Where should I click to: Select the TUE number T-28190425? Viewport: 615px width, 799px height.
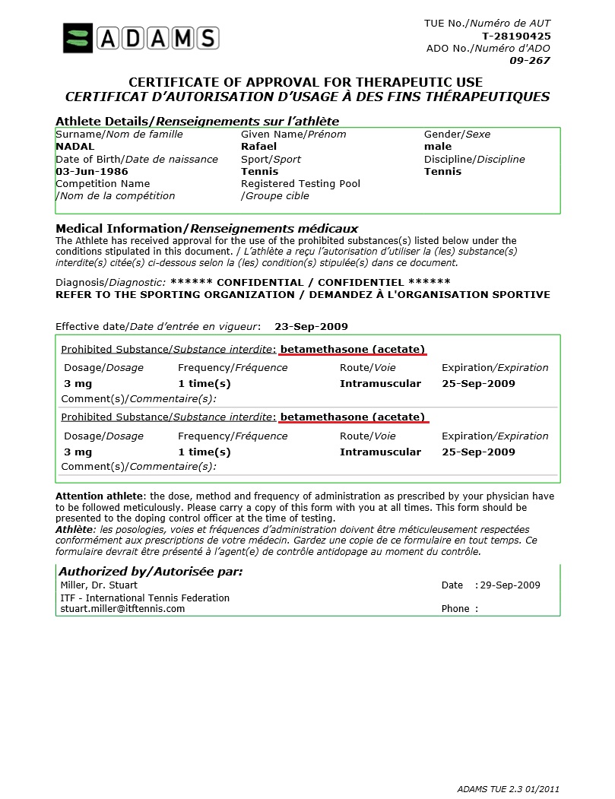coord(516,36)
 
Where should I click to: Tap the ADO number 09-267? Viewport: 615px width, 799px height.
coord(530,60)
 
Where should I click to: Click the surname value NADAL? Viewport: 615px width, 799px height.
coord(75,147)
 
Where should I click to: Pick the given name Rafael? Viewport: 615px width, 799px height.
coord(259,147)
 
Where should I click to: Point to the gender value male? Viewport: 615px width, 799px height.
coord(438,147)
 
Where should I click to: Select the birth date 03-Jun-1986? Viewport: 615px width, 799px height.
coord(92,172)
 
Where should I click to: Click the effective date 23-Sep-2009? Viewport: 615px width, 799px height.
coord(311,327)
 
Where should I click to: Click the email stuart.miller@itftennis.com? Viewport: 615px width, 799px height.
coord(122,609)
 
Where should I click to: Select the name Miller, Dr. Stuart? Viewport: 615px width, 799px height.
coord(99,585)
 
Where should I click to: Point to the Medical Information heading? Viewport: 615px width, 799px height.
coord(207,229)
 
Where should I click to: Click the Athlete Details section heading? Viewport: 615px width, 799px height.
coord(197,122)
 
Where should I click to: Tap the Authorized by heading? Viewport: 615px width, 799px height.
coord(151,572)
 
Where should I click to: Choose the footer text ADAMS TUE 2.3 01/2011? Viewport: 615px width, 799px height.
coord(509,789)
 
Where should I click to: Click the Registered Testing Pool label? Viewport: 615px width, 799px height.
coord(300,184)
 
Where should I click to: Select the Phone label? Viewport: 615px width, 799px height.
coord(457,609)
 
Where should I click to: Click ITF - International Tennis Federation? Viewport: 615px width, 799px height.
coord(144,598)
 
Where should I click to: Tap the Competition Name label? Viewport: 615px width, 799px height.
coord(103,184)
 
